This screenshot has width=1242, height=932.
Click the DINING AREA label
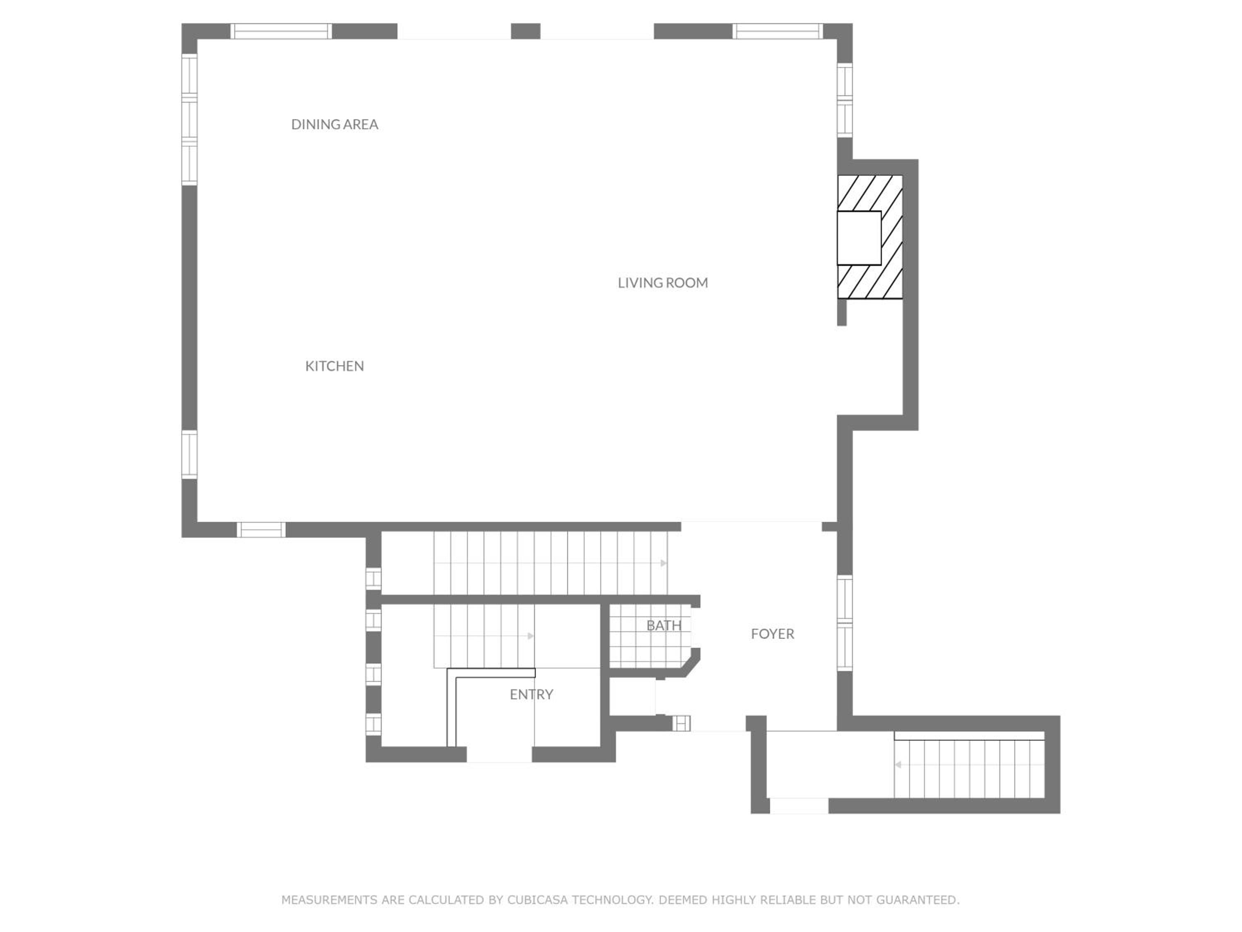(335, 124)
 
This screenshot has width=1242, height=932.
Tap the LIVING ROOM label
(662, 282)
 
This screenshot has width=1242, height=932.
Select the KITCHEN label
(335, 366)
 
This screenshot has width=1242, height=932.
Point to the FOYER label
(773, 634)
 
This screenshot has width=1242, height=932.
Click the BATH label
(664, 625)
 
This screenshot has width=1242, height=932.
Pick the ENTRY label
(531, 694)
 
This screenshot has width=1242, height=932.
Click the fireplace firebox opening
(859, 238)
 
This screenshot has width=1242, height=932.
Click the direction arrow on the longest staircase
(663, 563)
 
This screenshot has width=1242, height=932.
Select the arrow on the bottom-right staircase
(898, 765)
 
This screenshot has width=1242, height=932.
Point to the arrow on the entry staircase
(530, 636)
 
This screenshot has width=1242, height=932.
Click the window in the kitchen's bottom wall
(260, 530)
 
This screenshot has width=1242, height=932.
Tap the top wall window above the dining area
(281, 31)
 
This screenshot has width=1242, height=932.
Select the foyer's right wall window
(845, 623)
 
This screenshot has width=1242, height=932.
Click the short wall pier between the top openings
(525, 31)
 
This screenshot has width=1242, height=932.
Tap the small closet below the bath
(632, 697)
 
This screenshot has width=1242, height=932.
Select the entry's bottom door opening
(499, 754)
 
